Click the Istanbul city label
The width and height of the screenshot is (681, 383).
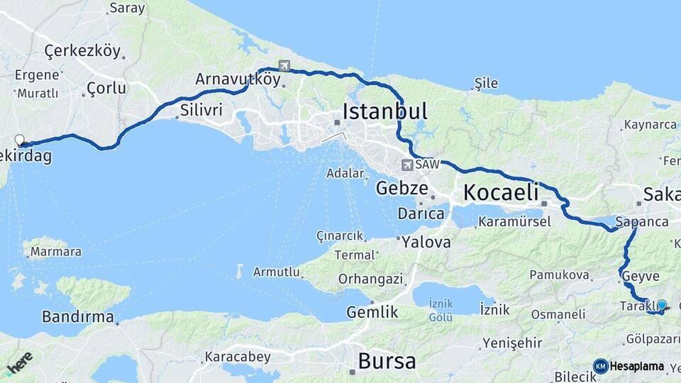tap(385, 111)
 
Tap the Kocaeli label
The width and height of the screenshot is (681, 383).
tap(501, 192)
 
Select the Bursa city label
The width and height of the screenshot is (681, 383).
tap(387, 361)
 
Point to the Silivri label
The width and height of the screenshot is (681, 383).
tap(201, 111)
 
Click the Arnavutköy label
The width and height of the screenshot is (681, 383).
tap(238, 79)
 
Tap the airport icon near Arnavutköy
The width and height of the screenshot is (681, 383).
tap(284, 66)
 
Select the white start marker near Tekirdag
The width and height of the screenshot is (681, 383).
tap(19, 140)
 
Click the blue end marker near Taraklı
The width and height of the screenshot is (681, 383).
tap(662, 306)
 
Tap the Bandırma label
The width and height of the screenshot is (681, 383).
tap(78, 316)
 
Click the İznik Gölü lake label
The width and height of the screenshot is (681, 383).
tap(441, 309)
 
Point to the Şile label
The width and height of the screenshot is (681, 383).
tap(486, 84)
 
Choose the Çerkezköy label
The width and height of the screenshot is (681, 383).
tap(82, 51)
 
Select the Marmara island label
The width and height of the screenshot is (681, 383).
tap(56, 252)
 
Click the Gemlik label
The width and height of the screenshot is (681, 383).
tap(372, 312)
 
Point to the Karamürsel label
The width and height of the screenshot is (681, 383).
tap(514, 222)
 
